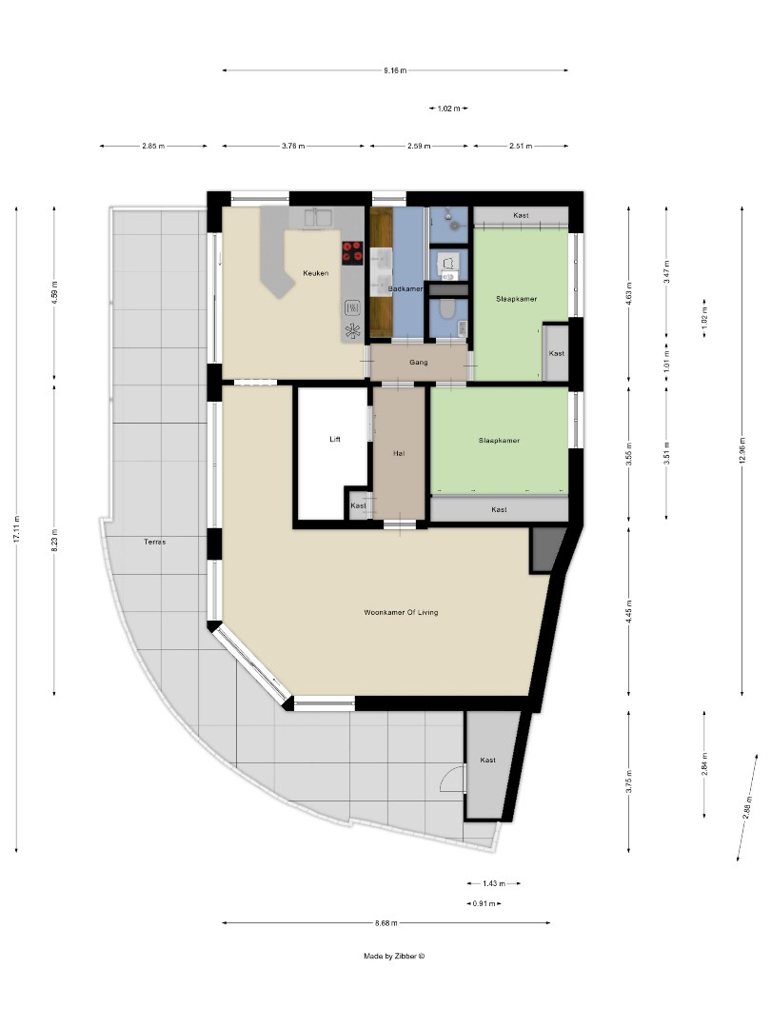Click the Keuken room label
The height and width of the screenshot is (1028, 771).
tap(316, 273)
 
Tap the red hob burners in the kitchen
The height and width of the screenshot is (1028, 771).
tap(352, 251)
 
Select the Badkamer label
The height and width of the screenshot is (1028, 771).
tap(405, 288)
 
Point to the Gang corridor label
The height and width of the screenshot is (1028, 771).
tap(418, 362)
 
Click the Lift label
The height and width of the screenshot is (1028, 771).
tap(334, 439)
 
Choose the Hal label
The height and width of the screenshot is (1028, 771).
tap(400, 453)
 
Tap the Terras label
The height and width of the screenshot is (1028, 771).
tap(154, 542)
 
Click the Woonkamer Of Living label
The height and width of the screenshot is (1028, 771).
tap(401, 612)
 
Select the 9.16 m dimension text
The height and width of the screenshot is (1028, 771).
tap(395, 70)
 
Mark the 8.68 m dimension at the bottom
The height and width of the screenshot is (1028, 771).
tap(385, 922)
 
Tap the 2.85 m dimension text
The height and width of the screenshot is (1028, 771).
tap(153, 146)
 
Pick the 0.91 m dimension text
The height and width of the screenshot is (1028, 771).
tap(484, 903)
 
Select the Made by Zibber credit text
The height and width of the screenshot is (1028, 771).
tap(394, 957)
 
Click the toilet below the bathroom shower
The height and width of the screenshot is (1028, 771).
tap(447, 310)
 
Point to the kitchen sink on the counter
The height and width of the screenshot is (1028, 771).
tap(318, 218)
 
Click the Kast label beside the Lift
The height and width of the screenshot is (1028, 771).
tap(358, 505)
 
